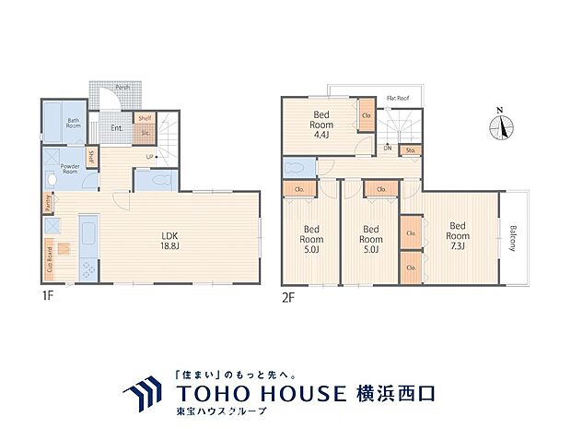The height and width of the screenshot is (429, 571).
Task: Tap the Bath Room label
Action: [x=74, y=125]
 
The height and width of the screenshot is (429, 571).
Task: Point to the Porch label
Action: [x=122, y=89]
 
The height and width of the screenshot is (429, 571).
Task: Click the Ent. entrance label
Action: [x=118, y=128]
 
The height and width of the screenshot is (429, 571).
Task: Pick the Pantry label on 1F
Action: [x=47, y=201]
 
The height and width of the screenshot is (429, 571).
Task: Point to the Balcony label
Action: [x=513, y=238]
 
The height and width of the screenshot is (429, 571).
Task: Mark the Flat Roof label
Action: [x=398, y=96]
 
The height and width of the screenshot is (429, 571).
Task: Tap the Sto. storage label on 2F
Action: [x=411, y=149]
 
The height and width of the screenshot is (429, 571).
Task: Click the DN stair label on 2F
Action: [x=388, y=148]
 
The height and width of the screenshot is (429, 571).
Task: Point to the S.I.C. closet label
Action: [x=146, y=132]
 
